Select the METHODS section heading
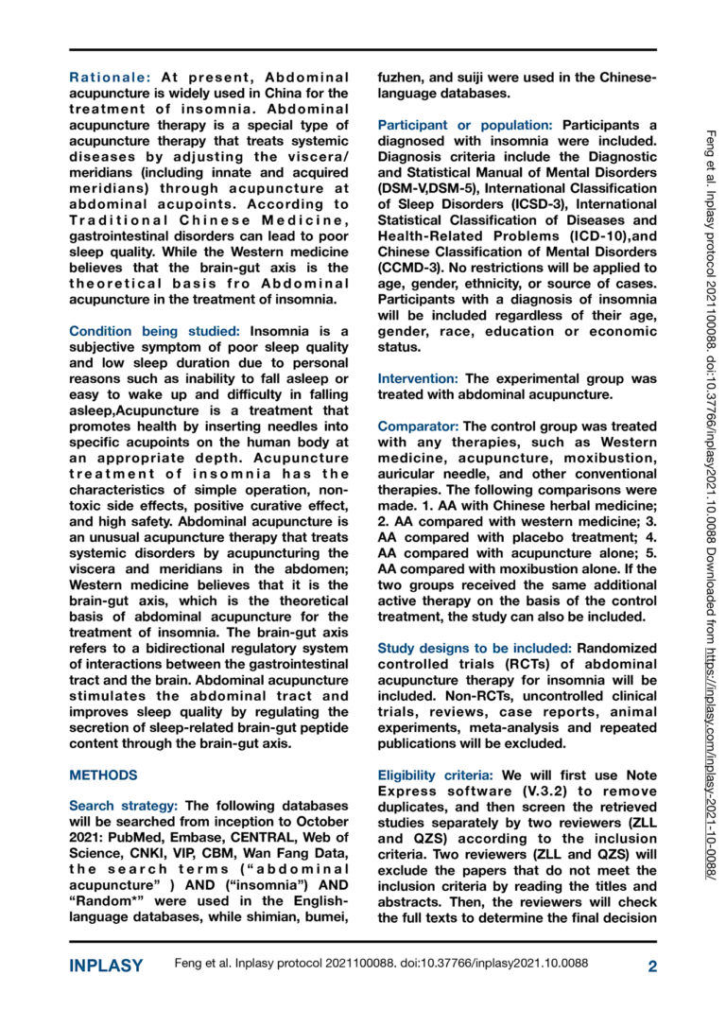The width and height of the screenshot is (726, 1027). tap(104, 775)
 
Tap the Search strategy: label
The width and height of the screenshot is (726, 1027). tap(124, 806)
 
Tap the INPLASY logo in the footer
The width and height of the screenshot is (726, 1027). tap(106, 966)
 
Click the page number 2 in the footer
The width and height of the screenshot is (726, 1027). tap(652, 966)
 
